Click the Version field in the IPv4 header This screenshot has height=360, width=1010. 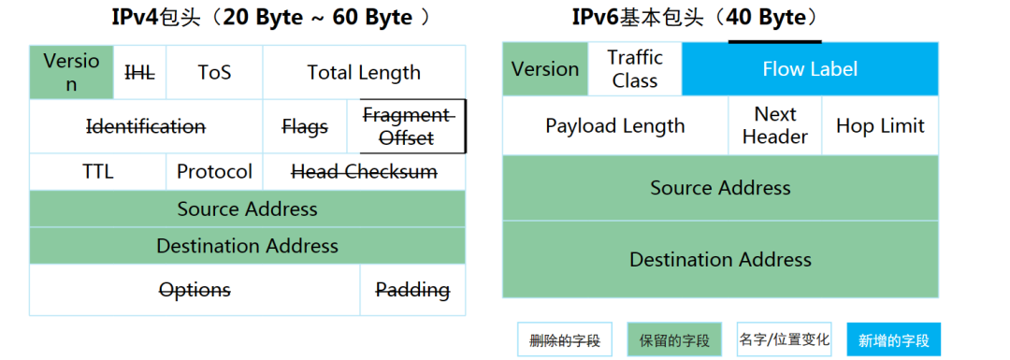(71, 72)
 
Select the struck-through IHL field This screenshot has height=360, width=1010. (139, 72)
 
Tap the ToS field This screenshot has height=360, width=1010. (214, 72)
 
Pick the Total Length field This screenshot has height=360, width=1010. (364, 72)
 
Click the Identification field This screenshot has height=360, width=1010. (146, 126)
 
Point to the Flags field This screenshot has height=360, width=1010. (305, 126)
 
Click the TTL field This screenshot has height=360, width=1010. (97, 172)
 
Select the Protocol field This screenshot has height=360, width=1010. (214, 172)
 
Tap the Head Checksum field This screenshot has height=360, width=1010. (364, 172)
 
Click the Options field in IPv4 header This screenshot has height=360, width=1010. (195, 290)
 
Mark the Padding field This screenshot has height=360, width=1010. (412, 290)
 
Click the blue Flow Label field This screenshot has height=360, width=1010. (810, 69)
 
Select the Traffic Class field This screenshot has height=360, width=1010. (635, 69)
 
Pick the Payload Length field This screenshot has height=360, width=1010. (615, 126)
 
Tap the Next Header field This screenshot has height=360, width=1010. (775, 125)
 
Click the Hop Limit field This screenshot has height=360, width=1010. (880, 126)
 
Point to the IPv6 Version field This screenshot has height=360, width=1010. (545, 69)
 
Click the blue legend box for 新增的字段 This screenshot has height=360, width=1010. (894, 340)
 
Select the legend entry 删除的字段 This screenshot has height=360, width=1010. (565, 340)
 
